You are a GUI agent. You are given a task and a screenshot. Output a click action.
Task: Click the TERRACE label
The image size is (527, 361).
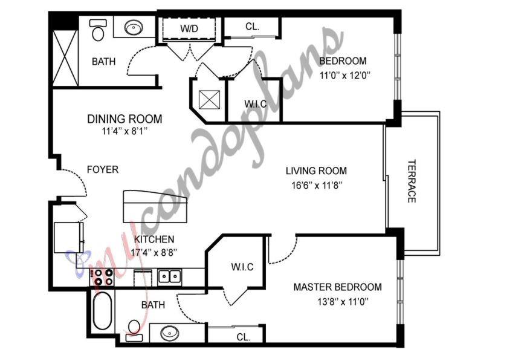point(412,181)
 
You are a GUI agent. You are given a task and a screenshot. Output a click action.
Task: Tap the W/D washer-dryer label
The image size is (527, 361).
point(189,28)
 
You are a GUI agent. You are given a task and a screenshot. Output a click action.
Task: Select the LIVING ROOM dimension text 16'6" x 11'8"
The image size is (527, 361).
point(317,185)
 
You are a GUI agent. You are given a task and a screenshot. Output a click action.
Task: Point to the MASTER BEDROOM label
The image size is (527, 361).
point(337,287)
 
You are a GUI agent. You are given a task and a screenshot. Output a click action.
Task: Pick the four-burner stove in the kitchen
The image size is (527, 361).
point(103,278)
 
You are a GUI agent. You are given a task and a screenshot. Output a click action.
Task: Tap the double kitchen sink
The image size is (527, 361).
point(170,277)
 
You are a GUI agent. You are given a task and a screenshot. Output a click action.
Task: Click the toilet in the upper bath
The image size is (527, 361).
point(98,29)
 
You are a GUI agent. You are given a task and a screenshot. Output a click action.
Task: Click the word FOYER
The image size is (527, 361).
point(103,169)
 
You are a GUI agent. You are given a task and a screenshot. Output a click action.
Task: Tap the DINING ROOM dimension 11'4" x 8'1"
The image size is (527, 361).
point(124,131)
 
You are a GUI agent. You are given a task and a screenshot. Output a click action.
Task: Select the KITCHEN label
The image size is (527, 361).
point(154,239)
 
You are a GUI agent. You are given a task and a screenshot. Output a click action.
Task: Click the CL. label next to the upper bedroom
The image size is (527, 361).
point(253,27)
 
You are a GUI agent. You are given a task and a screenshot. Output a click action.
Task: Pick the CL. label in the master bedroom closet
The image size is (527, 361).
point(244,337)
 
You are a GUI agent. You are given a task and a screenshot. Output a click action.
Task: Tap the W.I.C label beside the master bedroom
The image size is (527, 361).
point(242,267)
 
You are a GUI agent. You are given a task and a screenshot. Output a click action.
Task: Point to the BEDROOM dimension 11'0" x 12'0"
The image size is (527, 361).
point(345,76)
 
